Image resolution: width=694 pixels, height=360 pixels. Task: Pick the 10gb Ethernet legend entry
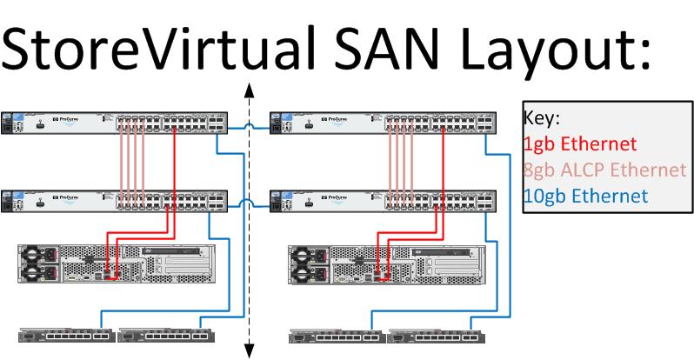pos(585,196)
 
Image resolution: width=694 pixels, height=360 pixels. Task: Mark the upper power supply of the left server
pos(40,254)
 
